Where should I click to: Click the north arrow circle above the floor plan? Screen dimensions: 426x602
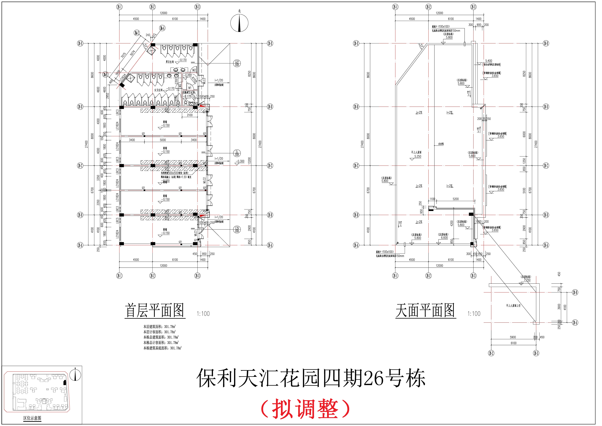point(239,23)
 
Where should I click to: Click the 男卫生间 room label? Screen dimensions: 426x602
point(170,62)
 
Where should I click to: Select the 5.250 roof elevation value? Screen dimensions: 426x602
point(418,156)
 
